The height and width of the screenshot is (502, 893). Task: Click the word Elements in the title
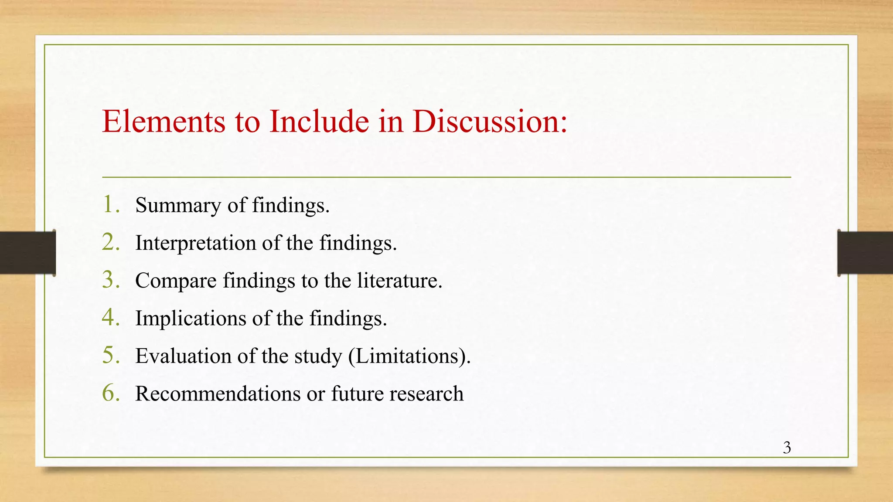coord(164,121)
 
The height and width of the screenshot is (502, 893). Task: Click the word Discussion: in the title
coord(490,121)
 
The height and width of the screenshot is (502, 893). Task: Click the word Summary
coord(178,206)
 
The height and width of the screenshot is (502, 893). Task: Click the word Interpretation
coord(195,243)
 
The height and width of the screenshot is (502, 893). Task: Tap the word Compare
coord(176,281)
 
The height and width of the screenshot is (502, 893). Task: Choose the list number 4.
coord(111,317)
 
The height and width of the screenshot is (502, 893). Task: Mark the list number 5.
coord(111,355)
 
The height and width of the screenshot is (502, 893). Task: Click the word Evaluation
coord(183,356)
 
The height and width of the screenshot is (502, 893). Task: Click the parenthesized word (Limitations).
coord(409,356)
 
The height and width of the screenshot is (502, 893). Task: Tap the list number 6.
coord(111,393)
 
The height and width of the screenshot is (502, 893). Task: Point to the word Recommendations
coord(218,393)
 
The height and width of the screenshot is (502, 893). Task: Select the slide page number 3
coord(787,448)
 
